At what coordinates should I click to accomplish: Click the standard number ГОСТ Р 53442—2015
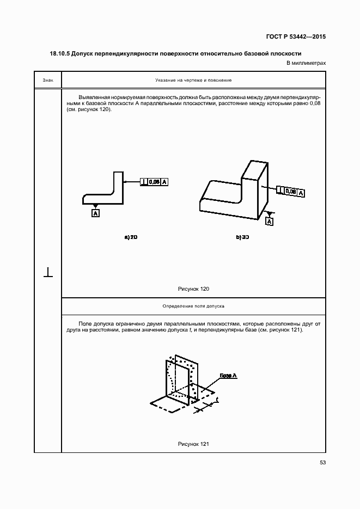[x=296, y=38]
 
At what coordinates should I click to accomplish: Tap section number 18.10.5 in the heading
[x=60, y=54]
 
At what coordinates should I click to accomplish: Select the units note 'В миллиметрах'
[x=306, y=63]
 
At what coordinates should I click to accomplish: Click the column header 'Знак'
[x=48, y=80]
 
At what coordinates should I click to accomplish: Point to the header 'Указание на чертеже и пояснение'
[x=193, y=80]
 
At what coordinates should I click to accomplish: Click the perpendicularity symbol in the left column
[x=48, y=272]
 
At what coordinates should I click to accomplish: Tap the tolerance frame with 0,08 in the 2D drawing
[x=154, y=182]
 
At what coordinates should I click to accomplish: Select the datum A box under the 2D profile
[x=96, y=213]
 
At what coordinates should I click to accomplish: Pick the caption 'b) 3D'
[x=242, y=237]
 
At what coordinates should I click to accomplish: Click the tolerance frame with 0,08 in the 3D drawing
[x=291, y=192]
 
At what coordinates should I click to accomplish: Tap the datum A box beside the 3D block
[x=270, y=221]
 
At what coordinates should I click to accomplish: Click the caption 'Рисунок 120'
[x=193, y=289]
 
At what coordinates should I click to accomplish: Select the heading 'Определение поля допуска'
[x=193, y=306]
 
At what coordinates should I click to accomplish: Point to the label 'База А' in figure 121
[x=228, y=376]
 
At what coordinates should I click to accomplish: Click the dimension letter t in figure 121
[x=217, y=400]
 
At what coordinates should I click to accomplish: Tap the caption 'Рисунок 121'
[x=193, y=444]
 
